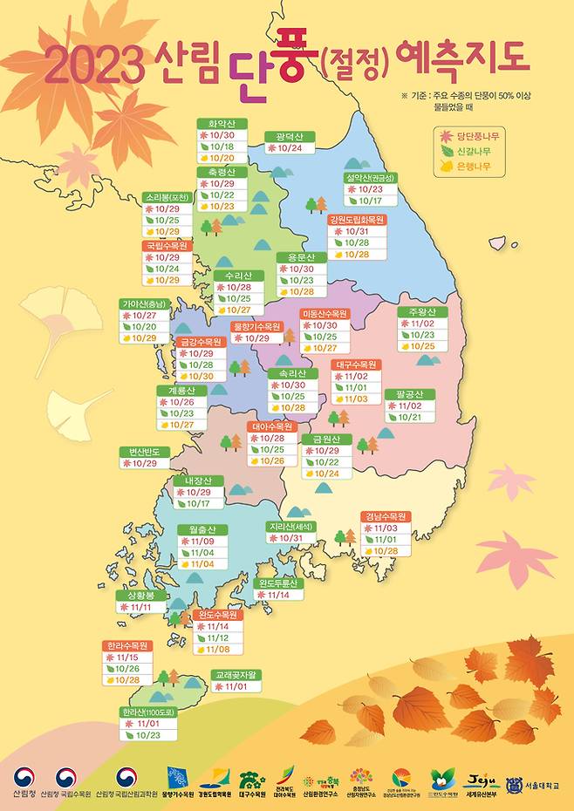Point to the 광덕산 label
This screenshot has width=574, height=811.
[x=289, y=137]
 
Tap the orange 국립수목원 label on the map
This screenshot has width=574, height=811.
[x=167, y=246]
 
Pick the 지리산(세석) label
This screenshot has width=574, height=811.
[x=292, y=527]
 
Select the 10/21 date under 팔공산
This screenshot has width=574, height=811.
[x=410, y=418]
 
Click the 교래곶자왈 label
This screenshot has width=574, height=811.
[x=236, y=675]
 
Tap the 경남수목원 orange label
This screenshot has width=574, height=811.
[x=385, y=516]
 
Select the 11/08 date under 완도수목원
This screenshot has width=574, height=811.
[x=218, y=650]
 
